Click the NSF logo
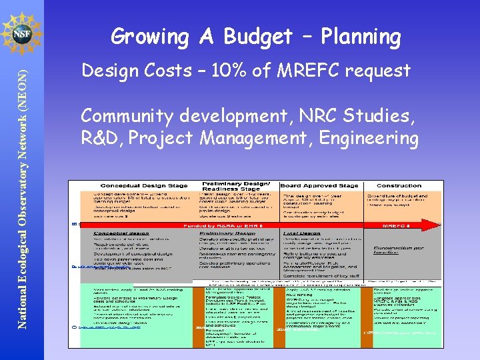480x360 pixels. [21, 32]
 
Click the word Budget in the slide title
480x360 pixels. [259, 37]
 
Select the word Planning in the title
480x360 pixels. [360, 37]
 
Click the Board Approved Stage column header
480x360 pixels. [319, 185]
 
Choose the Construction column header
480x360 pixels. [399, 185]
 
